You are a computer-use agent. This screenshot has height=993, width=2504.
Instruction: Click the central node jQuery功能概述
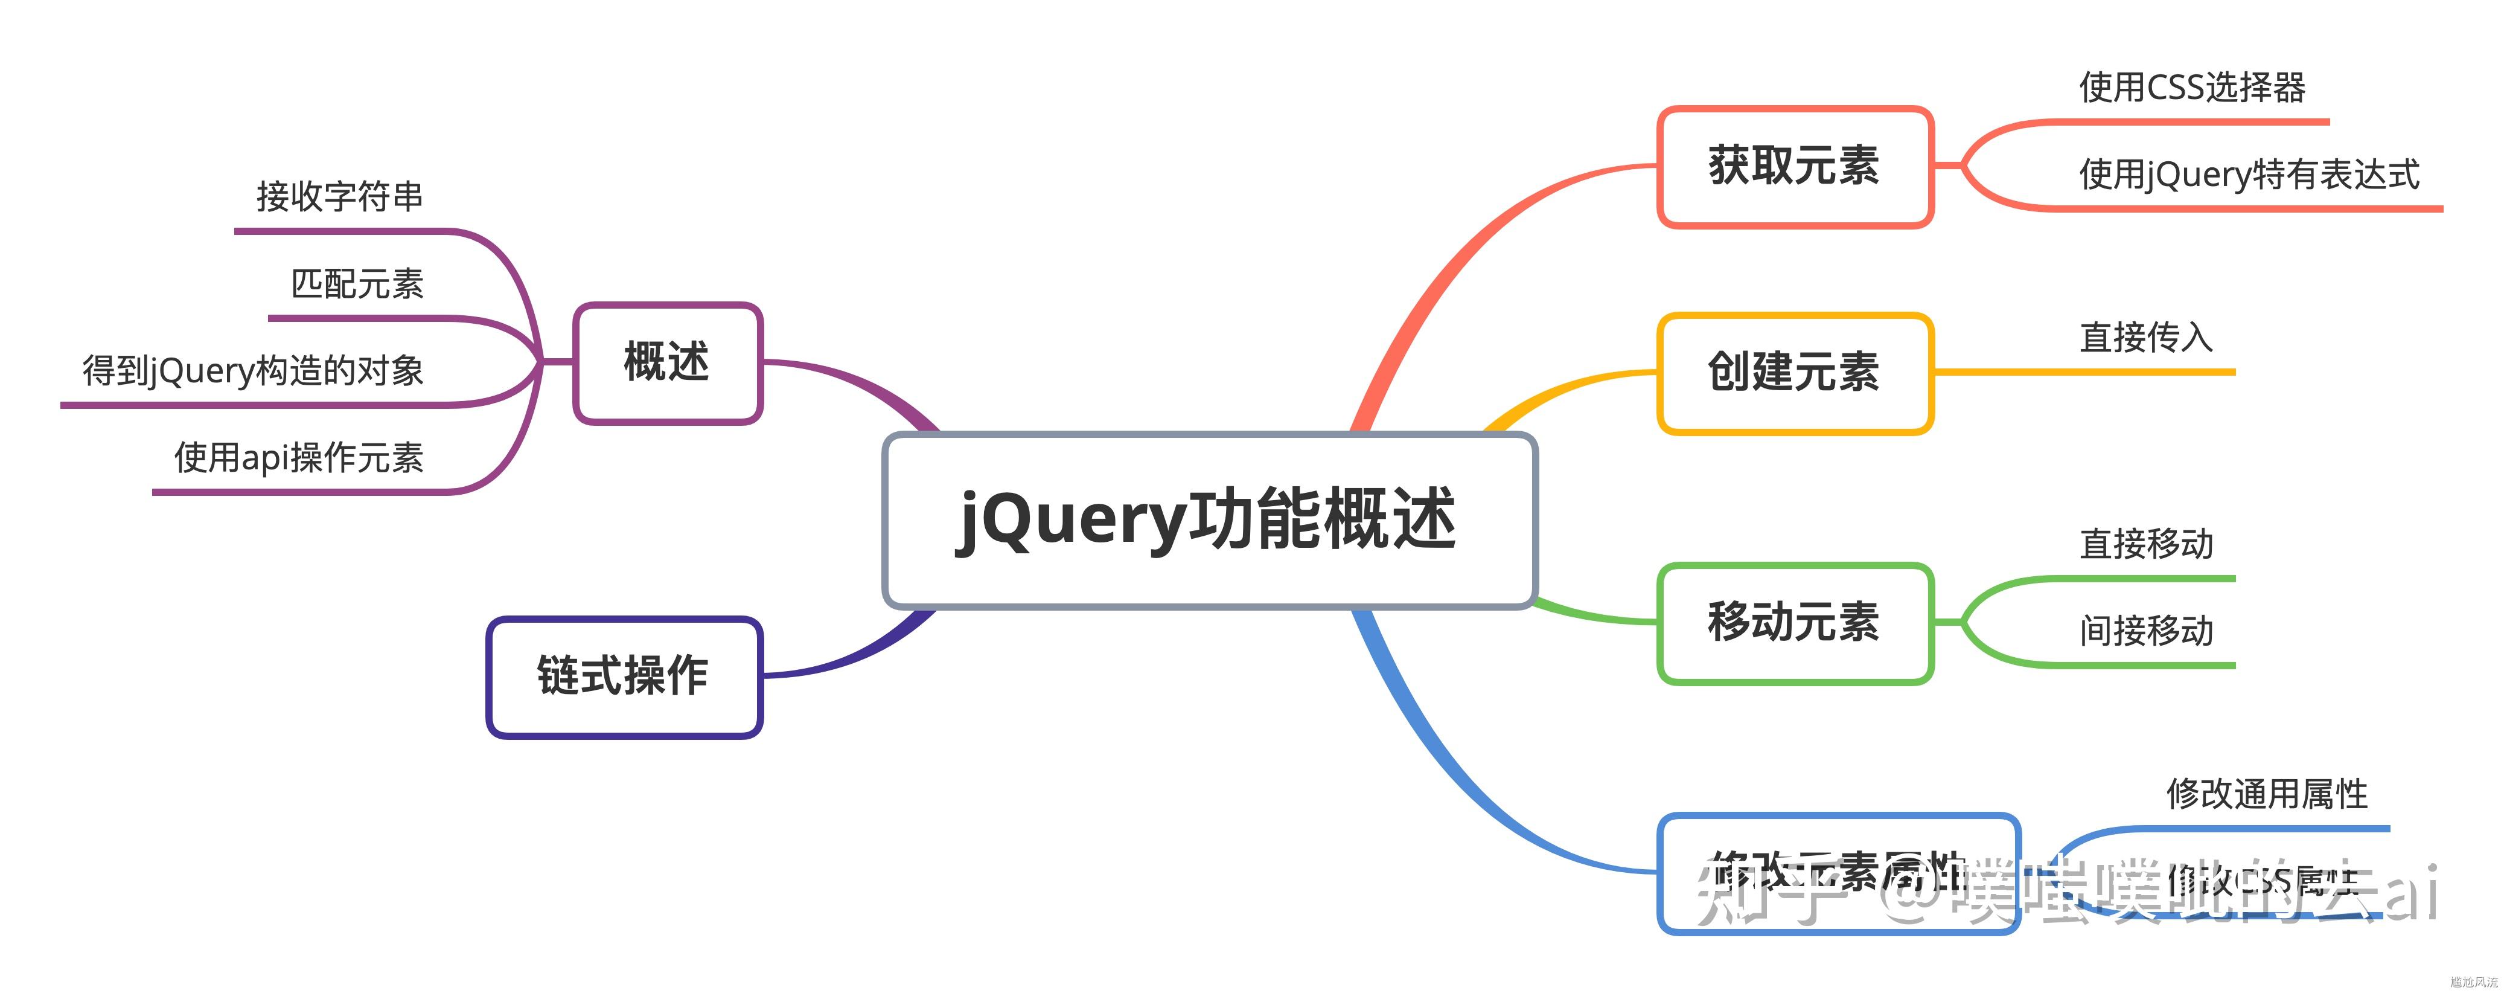click(x=1209, y=520)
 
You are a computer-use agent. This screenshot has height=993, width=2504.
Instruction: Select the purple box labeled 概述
click(x=668, y=363)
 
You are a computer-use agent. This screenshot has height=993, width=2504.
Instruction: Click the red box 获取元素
click(x=1795, y=166)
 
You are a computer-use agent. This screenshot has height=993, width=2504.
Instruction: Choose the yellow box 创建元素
click(x=1795, y=373)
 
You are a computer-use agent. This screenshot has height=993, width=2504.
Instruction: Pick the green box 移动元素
click(x=1795, y=623)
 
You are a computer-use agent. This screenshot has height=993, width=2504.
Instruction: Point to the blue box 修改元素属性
click(x=1837, y=872)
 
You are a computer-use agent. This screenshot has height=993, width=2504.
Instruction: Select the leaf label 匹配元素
click(x=358, y=284)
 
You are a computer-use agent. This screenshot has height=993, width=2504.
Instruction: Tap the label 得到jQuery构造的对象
click(x=253, y=370)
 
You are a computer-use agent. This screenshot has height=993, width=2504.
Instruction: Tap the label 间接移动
click(x=2146, y=630)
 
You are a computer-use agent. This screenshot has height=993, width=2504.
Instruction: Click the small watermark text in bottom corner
click(x=2474, y=982)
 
